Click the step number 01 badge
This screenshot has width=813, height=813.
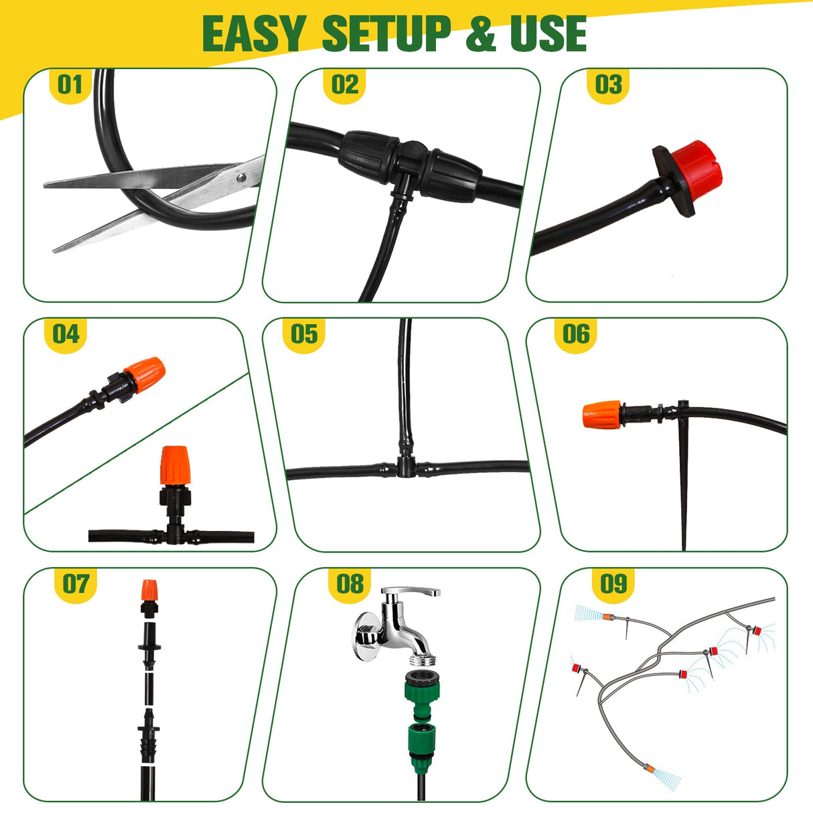click(70, 85)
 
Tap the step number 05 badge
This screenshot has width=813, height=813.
click(304, 334)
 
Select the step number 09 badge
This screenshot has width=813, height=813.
click(613, 584)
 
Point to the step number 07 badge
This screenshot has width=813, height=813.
click(75, 584)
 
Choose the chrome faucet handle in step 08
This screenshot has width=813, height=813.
click(411, 593)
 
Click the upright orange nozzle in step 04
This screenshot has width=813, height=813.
click(175, 465)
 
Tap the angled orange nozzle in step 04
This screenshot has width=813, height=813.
click(146, 373)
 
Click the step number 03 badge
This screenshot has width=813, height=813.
click(608, 85)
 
